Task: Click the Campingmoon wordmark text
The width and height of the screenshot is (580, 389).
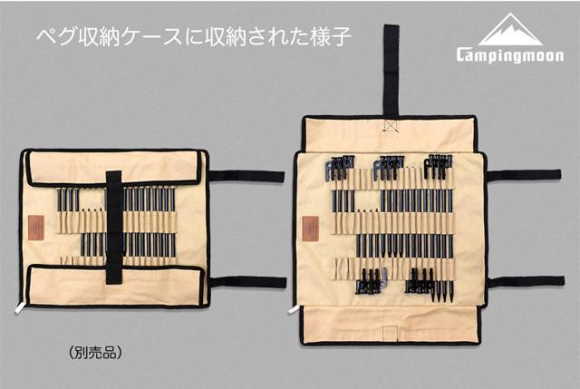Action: pos(510,55)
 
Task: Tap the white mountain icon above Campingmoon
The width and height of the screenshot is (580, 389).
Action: pos(510,30)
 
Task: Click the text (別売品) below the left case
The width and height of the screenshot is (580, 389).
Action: pos(95,353)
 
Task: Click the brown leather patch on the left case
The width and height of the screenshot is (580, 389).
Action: pos(36,228)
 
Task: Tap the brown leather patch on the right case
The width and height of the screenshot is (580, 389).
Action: pos(310,229)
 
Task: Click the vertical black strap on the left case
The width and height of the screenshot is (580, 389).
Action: pos(114,228)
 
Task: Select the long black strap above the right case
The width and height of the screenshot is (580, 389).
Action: pos(391,73)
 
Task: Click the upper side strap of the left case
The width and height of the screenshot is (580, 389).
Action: pos(246,176)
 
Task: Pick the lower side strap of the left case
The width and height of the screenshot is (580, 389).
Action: pos(248,282)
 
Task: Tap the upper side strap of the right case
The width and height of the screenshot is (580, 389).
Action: pos(524,175)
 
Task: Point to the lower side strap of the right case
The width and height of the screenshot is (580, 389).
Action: pos(527,282)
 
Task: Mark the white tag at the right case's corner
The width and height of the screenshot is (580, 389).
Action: pos(294,309)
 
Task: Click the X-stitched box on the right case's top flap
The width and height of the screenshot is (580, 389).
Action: pos(391,126)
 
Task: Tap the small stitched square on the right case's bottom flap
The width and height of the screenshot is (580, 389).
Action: pos(390,332)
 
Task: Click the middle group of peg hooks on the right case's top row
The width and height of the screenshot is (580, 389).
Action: pos(389,166)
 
